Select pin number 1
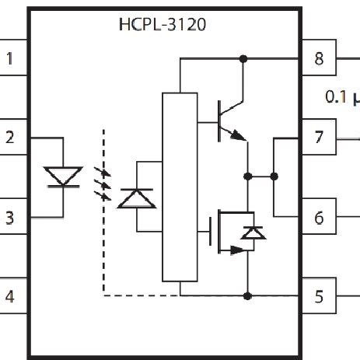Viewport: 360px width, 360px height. (10, 58)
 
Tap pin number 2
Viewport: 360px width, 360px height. (10, 138)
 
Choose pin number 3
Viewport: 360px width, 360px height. (10, 218)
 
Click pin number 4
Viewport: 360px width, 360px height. (10, 295)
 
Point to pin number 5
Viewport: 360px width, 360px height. (319, 295)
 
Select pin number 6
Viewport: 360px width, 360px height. (319, 218)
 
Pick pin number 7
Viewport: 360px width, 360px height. (319, 138)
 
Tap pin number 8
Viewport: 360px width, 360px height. (319, 58)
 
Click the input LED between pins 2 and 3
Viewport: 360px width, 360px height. (60, 177)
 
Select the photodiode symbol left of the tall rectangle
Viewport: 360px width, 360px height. (136, 196)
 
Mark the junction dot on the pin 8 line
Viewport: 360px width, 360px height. (243, 59)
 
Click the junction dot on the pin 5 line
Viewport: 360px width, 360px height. (247, 295)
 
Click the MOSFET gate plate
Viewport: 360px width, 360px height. (211, 232)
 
